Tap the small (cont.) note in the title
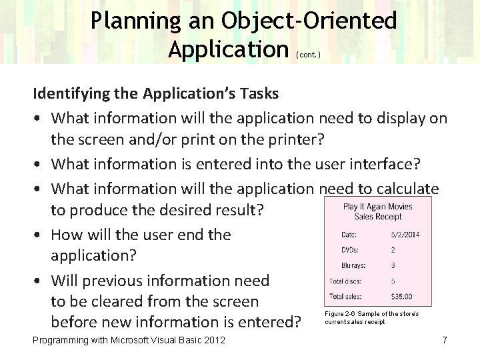click(307, 55)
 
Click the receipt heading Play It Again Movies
click(377, 207)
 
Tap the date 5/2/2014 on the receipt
click(405, 235)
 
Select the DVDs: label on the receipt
click(350, 250)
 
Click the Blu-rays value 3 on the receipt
click(393, 265)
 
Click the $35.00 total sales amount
click(402, 297)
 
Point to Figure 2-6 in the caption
click(340, 313)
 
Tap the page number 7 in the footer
click(444, 341)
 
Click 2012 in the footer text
click(212, 341)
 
